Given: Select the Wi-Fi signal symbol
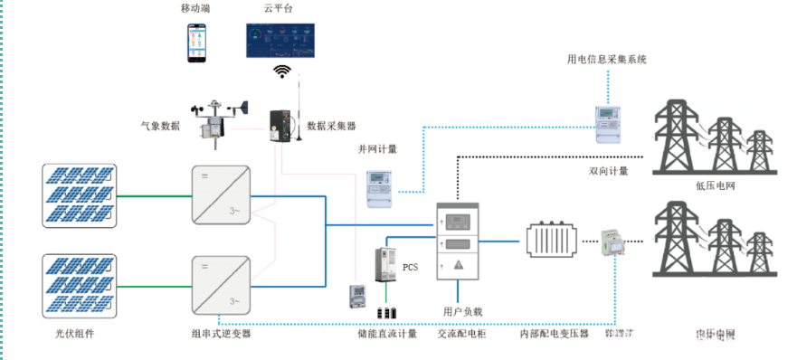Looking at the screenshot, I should (282, 72).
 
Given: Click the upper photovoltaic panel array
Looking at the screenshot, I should (80, 194).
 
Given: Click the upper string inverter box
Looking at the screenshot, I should (220, 194).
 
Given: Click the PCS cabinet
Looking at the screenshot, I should (386, 263).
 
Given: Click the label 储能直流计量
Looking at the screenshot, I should (387, 335).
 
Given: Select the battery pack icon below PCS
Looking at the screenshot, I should (387, 313).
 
